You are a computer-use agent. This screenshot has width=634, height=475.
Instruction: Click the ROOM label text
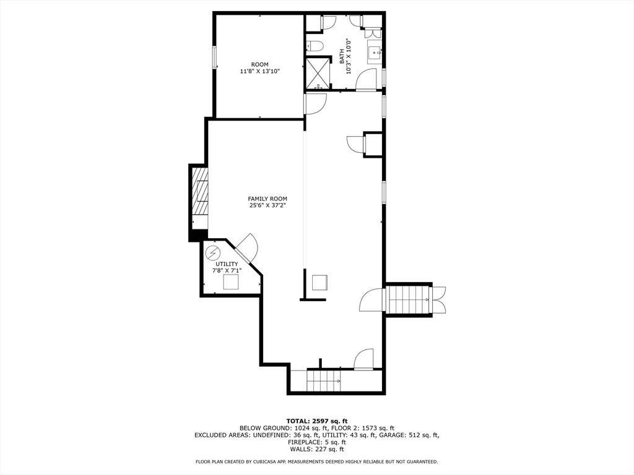pyautogui.click(x=260, y=64)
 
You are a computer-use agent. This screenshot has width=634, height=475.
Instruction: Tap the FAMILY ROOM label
pyautogui.click(x=267, y=199)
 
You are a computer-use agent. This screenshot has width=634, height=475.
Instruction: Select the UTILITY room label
pyautogui.click(x=227, y=264)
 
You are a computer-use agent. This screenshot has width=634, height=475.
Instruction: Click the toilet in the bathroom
pyautogui.click(x=314, y=46)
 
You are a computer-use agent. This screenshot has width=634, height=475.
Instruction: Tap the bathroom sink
pyautogui.click(x=374, y=53)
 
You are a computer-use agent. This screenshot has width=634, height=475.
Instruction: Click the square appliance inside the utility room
pyautogui.click(x=231, y=282)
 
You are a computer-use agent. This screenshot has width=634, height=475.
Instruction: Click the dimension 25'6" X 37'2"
pyautogui.click(x=267, y=205)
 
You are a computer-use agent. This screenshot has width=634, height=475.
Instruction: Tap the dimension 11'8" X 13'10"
pyautogui.click(x=260, y=72)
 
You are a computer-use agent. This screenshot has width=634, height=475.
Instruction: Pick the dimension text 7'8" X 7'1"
pyautogui.click(x=227, y=270)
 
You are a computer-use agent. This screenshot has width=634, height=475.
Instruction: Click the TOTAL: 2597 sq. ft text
pyautogui.click(x=316, y=421)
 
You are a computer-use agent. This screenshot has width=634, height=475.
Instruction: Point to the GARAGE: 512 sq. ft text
pyautogui.click(x=413, y=435)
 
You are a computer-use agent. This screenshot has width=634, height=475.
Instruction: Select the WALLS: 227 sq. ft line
pyautogui.click(x=316, y=450)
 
